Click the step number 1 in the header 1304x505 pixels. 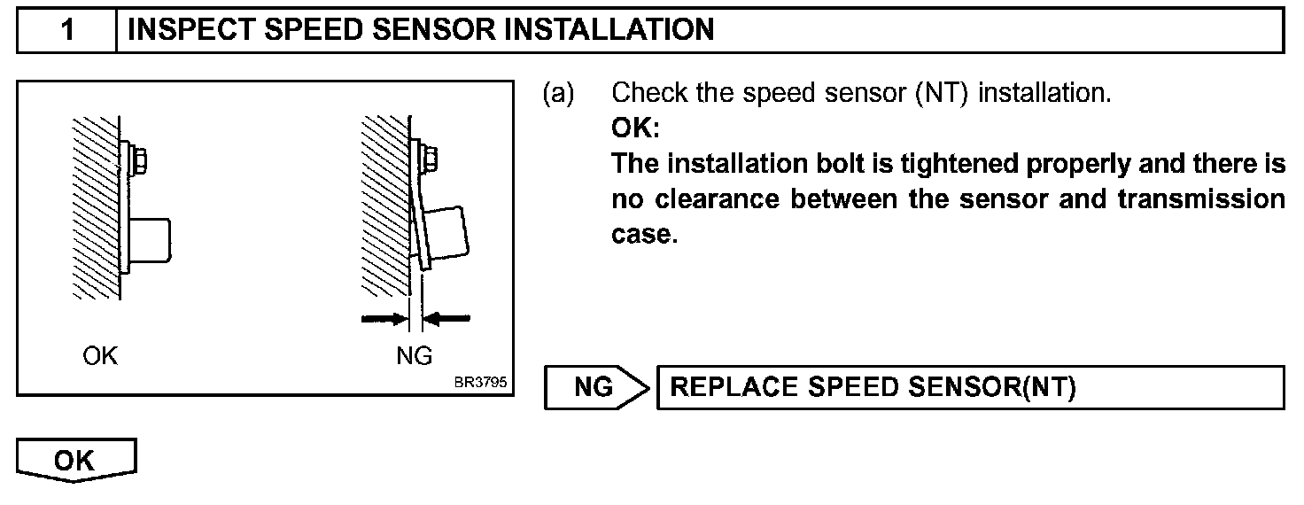click(x=67, y=31)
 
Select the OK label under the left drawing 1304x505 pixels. click(x=99, y=356)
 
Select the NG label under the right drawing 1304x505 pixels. click(x=414, y=356)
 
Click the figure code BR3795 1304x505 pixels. click(x=479, y=384)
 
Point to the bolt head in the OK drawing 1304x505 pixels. click(x=139, y=160)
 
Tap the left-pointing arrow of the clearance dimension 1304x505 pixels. click(x=448, y=317)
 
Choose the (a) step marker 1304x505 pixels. click(x=558, y=92)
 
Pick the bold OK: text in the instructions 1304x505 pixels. click(x=635, y=128)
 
